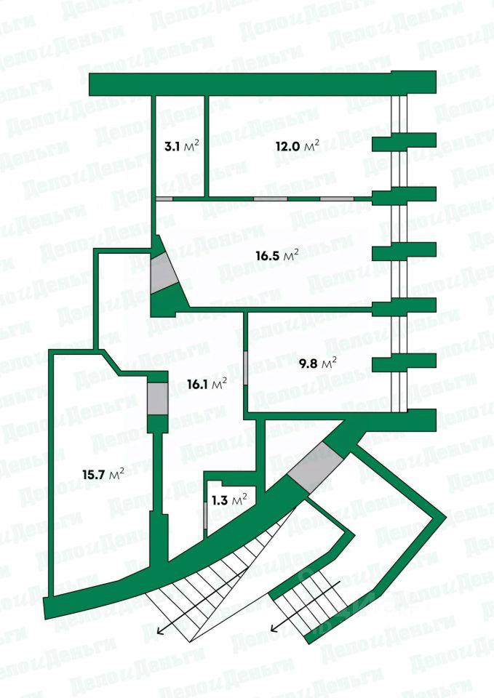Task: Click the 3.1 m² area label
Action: click(x=181, y=146)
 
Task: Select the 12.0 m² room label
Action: click(x=297, y=146)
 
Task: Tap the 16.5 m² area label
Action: click(x=277, y=255)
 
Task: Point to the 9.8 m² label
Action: click(x=318, y=361)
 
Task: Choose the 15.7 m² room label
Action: click(x=102, y=474)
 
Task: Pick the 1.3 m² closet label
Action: click(x=228, y=499)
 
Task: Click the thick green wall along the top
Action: click(x=262, y=84)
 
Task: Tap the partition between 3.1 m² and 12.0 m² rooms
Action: click(x=205, y=145)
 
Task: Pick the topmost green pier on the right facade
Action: click(x=404, y=140)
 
